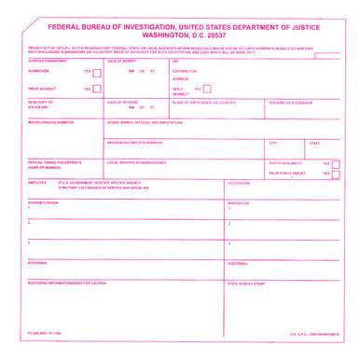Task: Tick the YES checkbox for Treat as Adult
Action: pos(97,90)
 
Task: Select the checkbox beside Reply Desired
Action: pos(207,90)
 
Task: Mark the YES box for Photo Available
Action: pos(336,163)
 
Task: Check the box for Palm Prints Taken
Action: pos(336,174)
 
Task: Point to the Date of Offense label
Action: pos(123,102)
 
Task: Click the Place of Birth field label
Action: pos(204,102)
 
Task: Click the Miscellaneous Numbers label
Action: pos(50,121)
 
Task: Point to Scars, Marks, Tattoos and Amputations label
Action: pos(145,121)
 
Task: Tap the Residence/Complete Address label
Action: pos(134,143)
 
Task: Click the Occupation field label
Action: pos(240,183)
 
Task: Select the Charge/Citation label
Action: pos(44,202)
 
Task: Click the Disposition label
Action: pos(239,202)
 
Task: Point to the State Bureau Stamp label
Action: pos(247,283)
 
